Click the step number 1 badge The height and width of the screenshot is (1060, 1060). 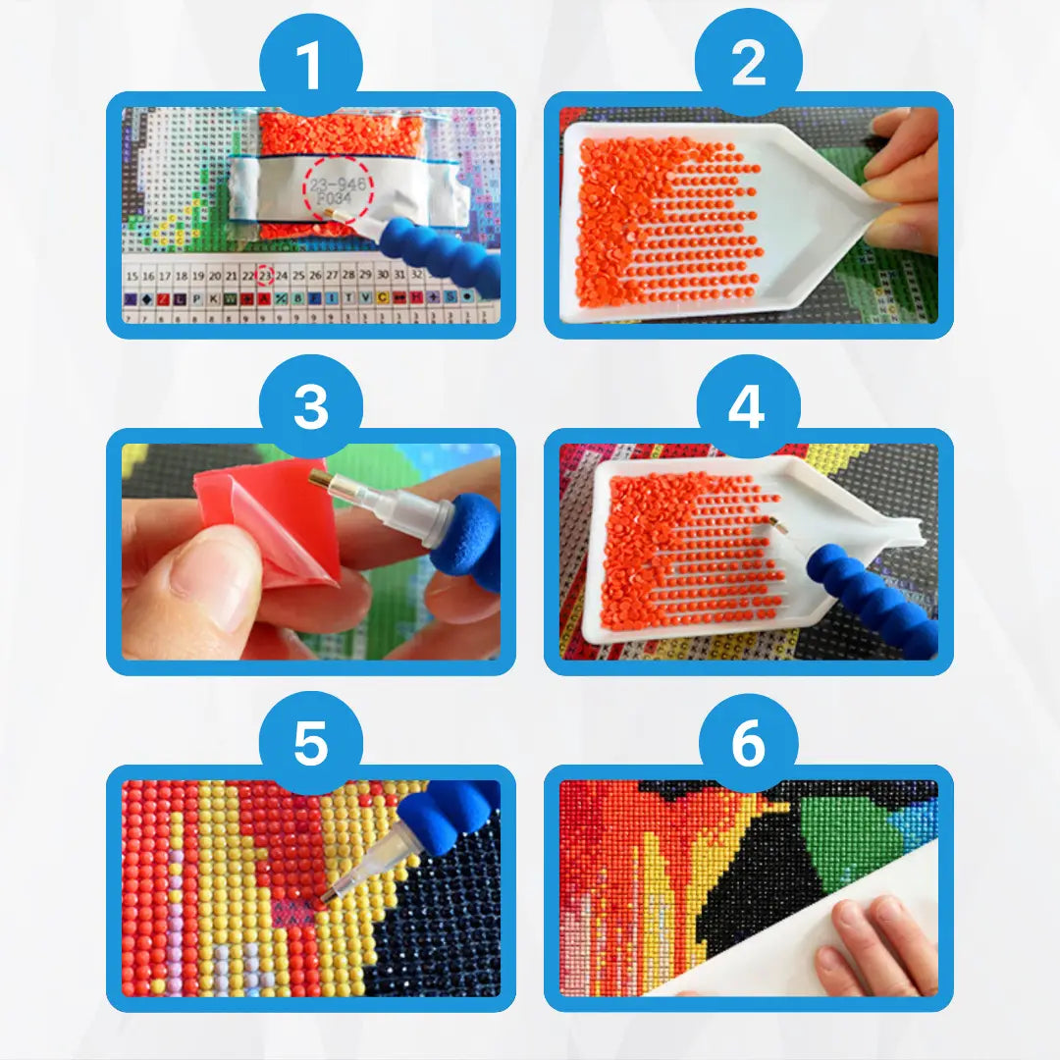pos(310,67)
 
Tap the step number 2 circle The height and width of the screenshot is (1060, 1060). pos(748,67)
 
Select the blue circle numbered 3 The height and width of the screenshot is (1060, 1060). pos(310,404)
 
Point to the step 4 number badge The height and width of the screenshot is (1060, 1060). pos(748,404)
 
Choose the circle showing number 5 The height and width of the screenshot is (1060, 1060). pos(310,743)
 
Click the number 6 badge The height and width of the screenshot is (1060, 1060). pos(748,743)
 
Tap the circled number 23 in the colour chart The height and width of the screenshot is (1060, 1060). pos(264,276)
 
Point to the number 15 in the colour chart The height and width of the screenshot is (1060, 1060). pos(131,276)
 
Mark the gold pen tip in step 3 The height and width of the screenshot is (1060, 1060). pos(322,480)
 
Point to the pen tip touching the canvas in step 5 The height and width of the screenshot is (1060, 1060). pos(323,896)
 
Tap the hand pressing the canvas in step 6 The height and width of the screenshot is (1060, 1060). pos(874,942)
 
